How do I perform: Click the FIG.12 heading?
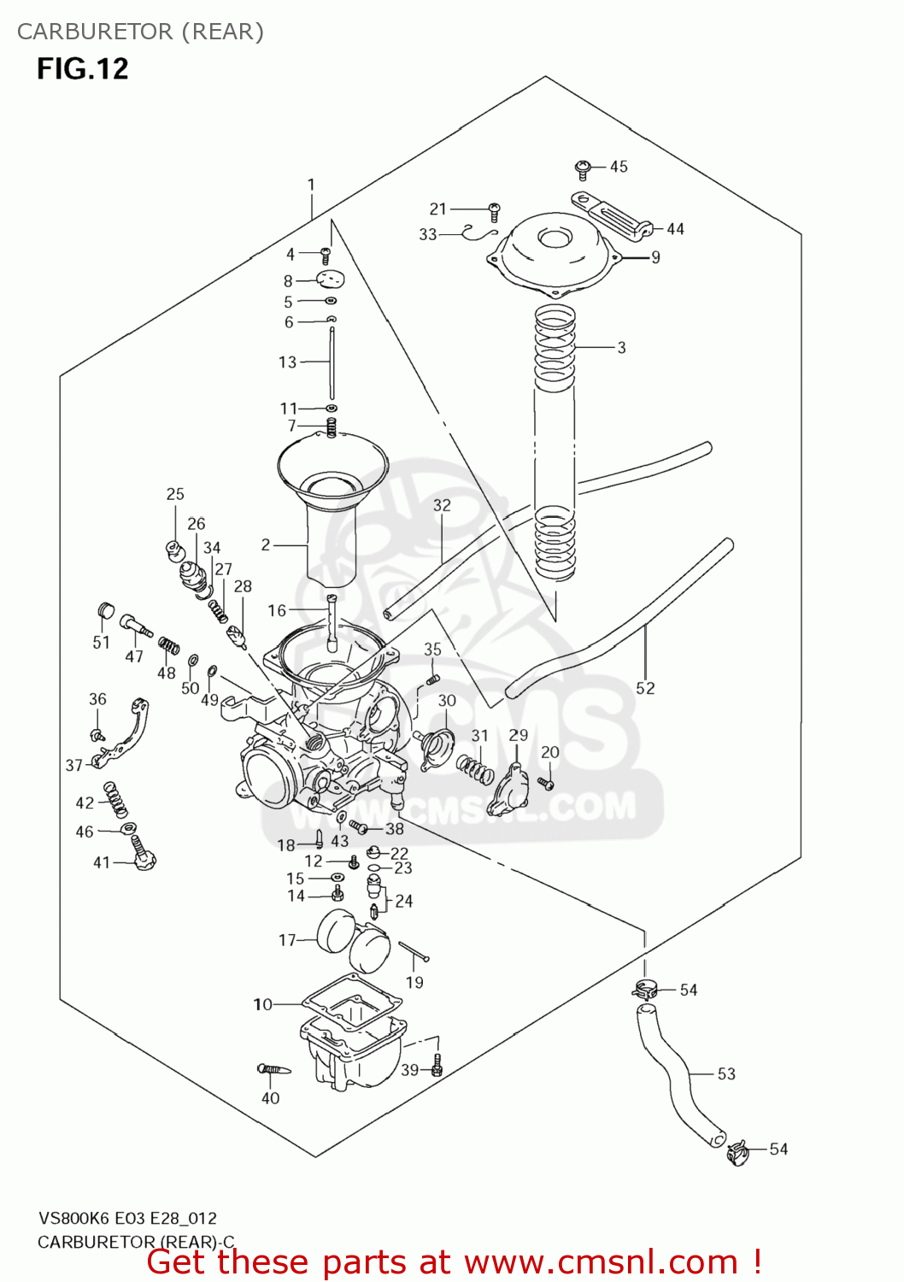click(x=82, y=68)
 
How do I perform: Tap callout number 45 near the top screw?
click(x=619, y=167)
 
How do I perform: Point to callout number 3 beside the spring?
click(x=621, y=348)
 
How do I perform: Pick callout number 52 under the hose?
click(x=645, y=688)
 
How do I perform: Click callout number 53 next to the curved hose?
click(x=725, y=1073)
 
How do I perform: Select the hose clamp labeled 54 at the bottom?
click(x=737, y=1153)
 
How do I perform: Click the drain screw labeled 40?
click(x=274, y=1069)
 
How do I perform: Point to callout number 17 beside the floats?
click(x=287, y=940)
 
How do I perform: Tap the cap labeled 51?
click(x=105, y=609)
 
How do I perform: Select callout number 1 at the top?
click(x=312, y=185)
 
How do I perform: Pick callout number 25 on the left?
click(x=175, y=494)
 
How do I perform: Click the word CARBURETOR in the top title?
click(x=95, y=32)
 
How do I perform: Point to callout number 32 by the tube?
click(x=442, y=505)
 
